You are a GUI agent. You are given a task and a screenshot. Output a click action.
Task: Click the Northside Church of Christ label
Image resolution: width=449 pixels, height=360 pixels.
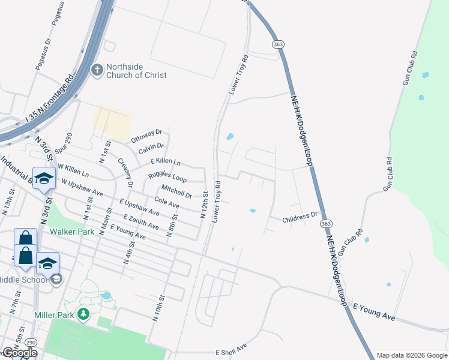click(x=136, y=71)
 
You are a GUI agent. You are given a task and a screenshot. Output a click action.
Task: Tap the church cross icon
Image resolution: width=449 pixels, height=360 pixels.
click(x=96, y=71)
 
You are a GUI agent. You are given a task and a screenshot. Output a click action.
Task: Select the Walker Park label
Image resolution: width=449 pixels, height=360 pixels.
click(x=71, y=231)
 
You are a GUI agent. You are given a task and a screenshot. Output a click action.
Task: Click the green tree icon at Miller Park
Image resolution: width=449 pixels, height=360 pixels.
click(x=83, y=313)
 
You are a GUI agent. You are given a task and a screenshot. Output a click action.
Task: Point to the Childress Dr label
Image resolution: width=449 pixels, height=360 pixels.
click(x=300, y=217)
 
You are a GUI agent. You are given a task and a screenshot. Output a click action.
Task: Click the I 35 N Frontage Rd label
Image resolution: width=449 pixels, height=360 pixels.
click(x=49, y=101)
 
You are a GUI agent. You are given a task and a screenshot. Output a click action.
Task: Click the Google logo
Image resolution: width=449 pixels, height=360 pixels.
click(x=20, y=353)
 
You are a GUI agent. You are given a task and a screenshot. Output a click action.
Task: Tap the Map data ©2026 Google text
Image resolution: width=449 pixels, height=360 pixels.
click(x=411, y=355)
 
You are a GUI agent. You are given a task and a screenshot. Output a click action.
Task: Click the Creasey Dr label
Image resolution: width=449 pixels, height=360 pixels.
click(x=125, y=172)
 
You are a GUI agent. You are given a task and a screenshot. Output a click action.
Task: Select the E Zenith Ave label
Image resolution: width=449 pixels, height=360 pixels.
click(x=141, y=221)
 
